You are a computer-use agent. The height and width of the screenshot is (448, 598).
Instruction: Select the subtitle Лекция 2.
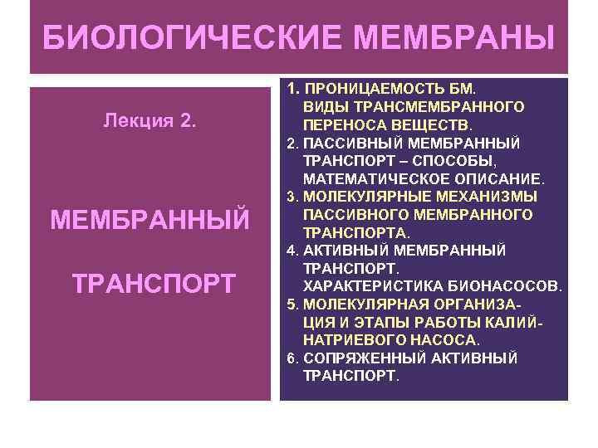pos(150,121)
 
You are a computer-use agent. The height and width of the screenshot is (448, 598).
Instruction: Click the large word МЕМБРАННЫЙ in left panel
pos(150,220)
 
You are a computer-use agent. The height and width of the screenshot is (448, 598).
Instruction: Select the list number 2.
pos(292,143)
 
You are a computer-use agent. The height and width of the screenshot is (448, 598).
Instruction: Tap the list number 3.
pos(292,197)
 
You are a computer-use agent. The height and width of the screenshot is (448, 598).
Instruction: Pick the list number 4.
pos(292,251)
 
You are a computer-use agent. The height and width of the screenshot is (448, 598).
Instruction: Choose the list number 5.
pos(292,304)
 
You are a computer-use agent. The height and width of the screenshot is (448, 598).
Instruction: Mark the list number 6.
pos(292,358)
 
